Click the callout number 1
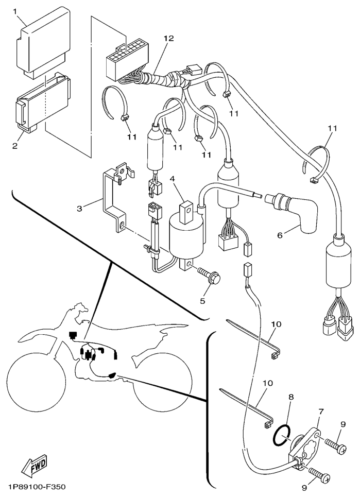pyautogui.click(x=15, y=11)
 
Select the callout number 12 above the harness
pyautogui.click(x=168, y=39)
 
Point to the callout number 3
pyautogui.click(x=80, y=209)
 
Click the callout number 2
pyautogui.click(x=14, y=146)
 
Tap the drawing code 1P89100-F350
pyautogui.click(x=37, y=487)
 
